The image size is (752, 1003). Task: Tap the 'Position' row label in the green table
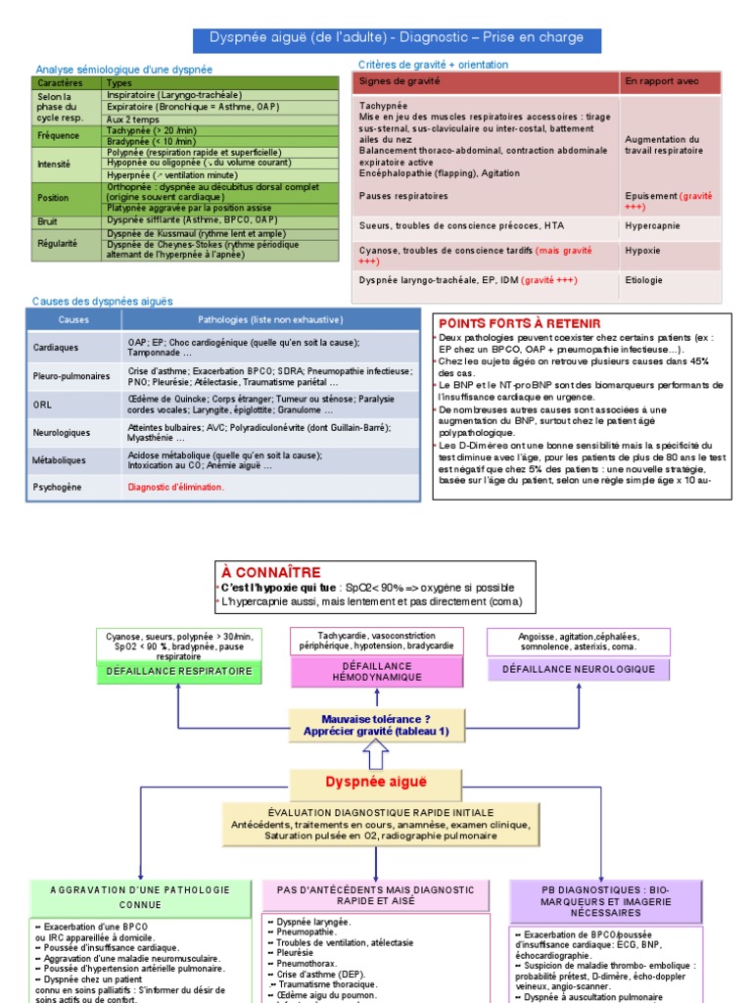click(x=54, y=197)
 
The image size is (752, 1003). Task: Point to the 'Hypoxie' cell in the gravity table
click(x=642, y=251)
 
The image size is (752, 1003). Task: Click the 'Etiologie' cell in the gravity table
click(x=643, y=280)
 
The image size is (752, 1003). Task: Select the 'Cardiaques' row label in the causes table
click(x=56, y=347)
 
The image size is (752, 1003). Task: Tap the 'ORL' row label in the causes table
click(x=42, y=404)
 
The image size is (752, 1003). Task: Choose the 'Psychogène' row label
click(x=58, y=486)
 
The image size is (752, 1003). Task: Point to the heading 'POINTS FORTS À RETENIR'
click(x=520, y=323)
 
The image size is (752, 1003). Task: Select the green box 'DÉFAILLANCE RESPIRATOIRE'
click(x=179, y=671)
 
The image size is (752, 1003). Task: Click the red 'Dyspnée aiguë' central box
click(x=377, y=782)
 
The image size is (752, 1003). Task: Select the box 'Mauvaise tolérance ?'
click(x=377, y=724)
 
